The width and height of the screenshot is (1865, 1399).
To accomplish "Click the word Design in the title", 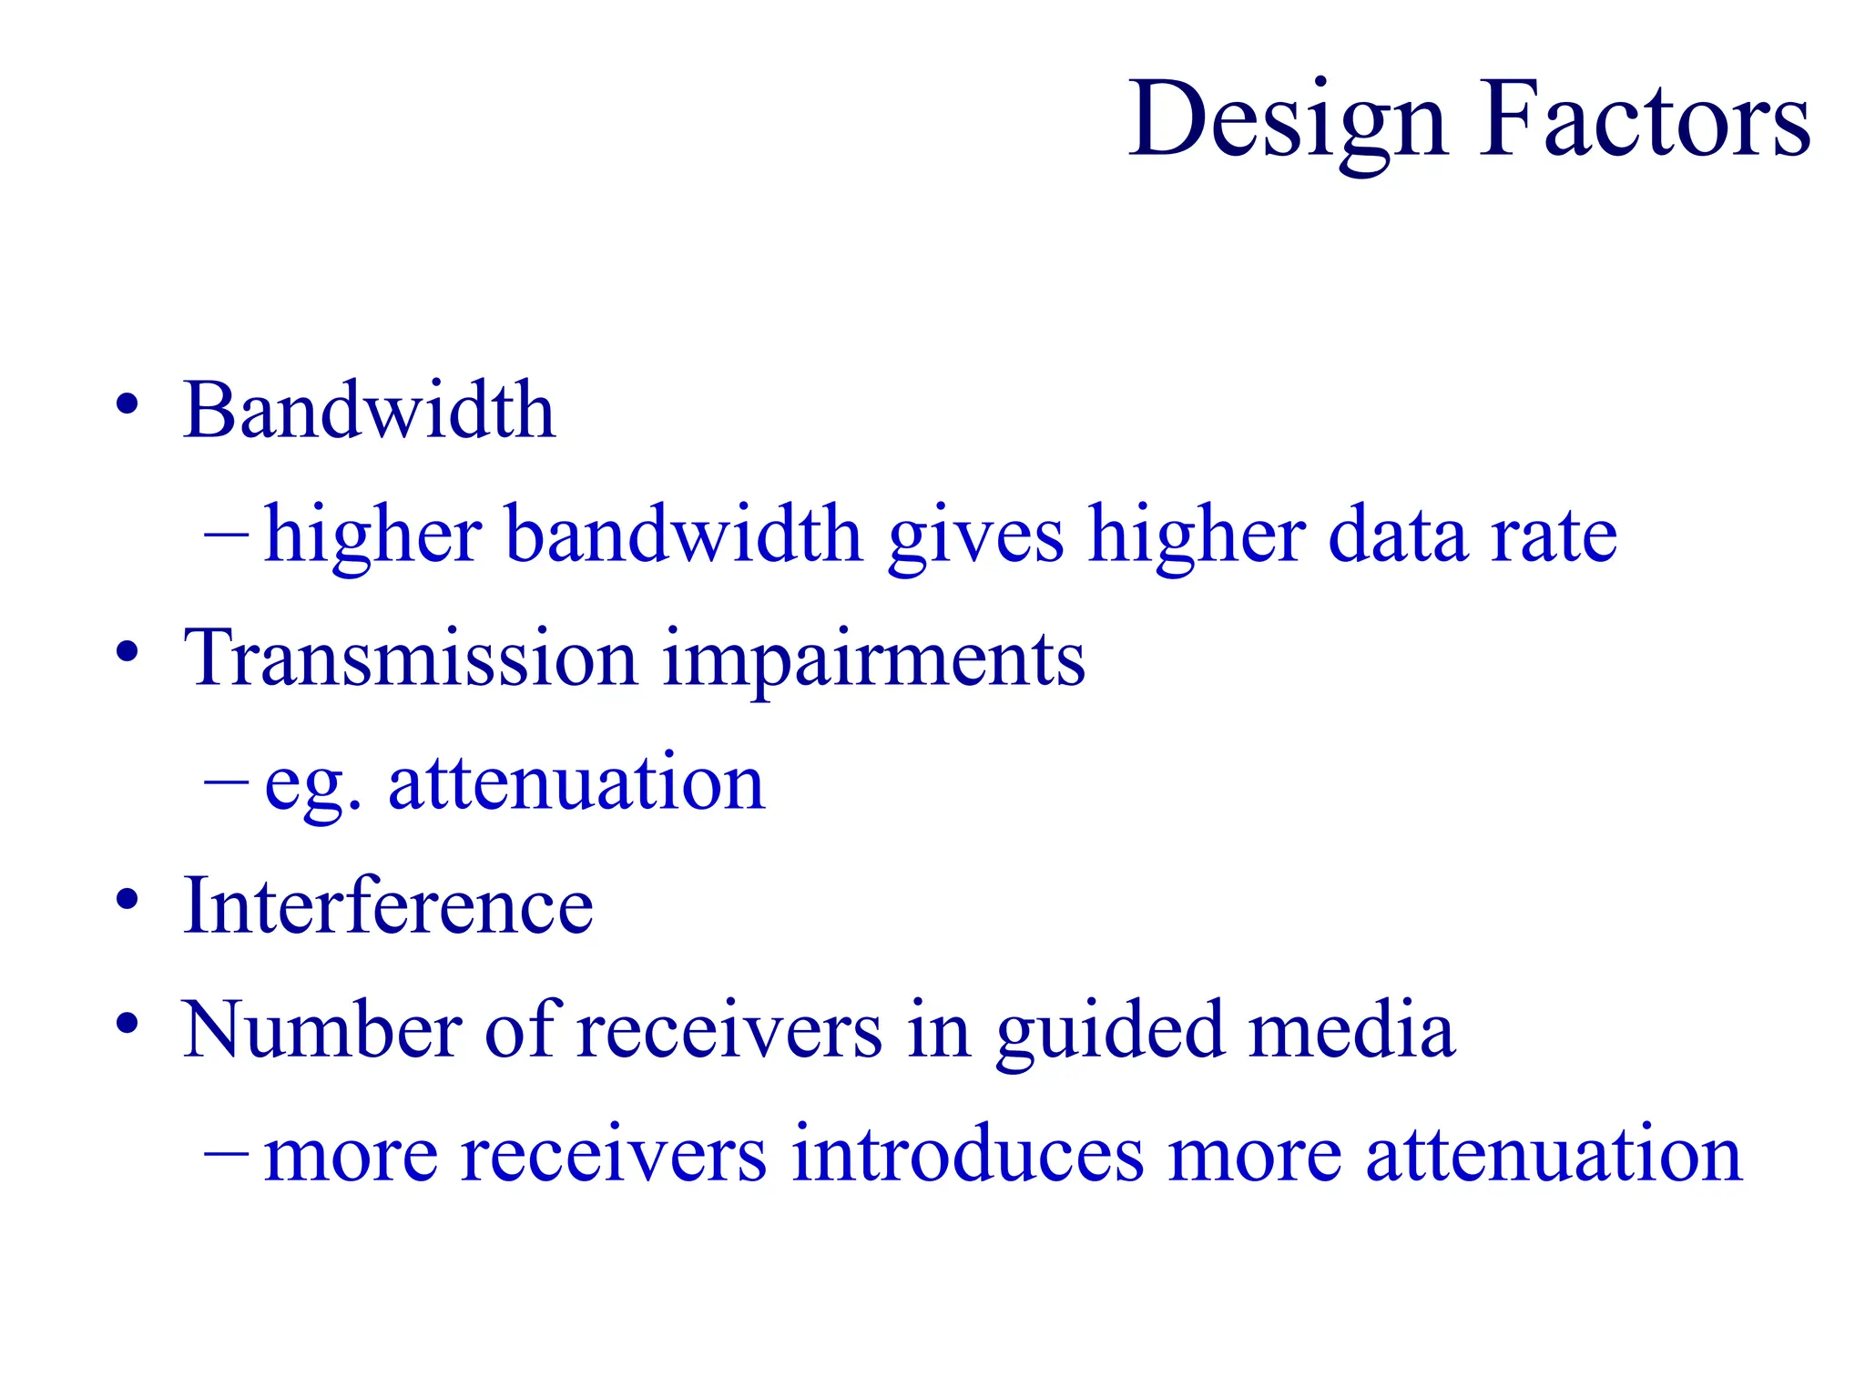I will click(1287, 121).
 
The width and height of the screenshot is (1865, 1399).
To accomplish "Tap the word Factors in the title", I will click(1645, 121).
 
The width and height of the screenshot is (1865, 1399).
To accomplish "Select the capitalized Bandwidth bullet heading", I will click(369, 411).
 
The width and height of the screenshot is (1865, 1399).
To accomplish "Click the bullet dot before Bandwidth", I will click(127, 404).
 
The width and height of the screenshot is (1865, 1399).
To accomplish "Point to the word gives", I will click(975, 537).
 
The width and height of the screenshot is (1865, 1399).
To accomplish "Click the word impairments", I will click(873, 659).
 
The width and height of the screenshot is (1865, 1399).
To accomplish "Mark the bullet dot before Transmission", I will click(127, 652).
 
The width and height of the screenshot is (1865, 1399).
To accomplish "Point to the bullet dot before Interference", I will click(127, 900).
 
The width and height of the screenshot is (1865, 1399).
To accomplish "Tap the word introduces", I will click(967, 1154).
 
